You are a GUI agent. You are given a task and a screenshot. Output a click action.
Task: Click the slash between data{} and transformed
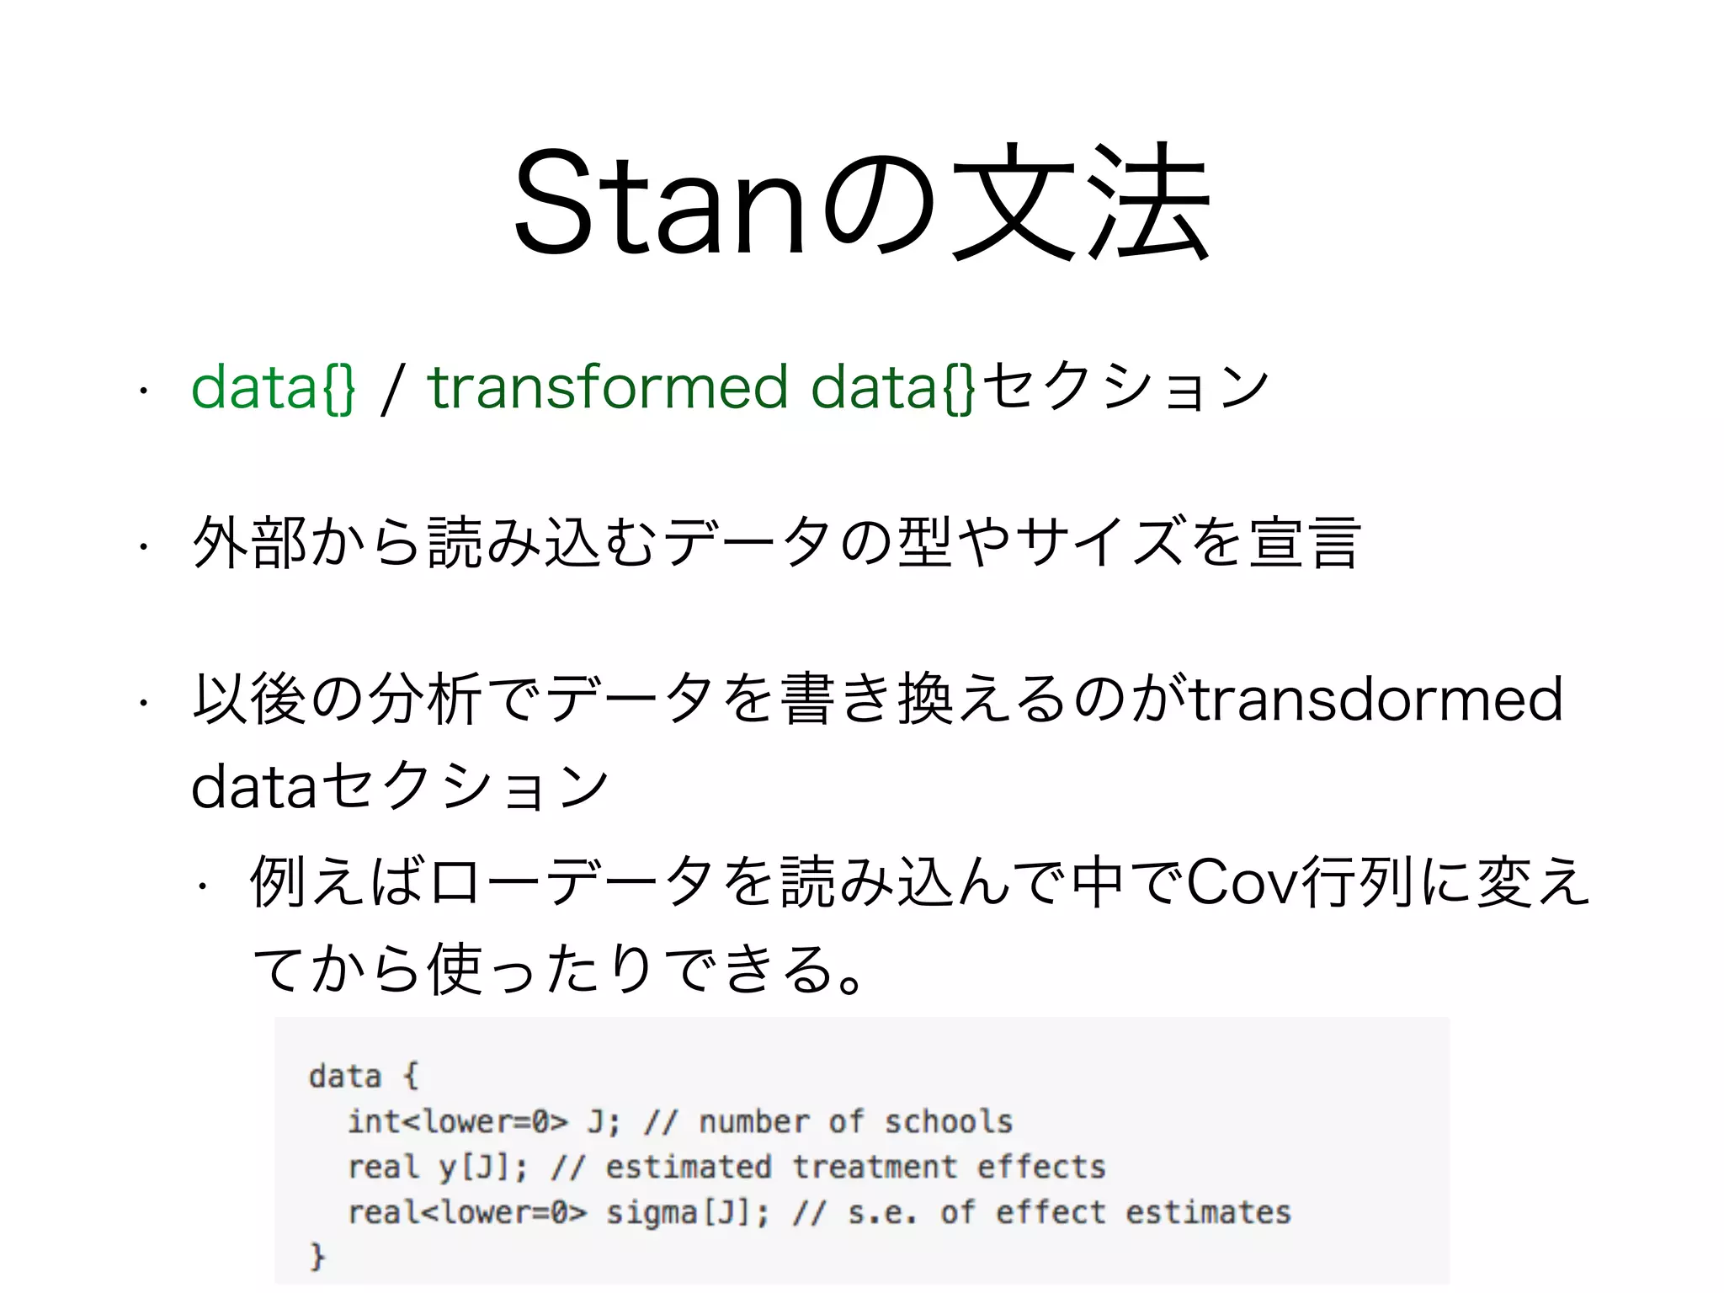coord(390,389)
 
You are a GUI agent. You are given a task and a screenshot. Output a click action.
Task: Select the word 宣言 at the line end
coord(1304,543)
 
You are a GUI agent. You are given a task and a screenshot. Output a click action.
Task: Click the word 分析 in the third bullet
coord(425,699)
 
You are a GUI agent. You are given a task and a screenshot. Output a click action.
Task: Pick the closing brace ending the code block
coord(317,1255)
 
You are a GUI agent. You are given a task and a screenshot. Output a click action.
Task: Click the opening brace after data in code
coord(410,1077)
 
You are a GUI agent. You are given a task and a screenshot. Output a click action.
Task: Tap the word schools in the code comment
coord(948,1122)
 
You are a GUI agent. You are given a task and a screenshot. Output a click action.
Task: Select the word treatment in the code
coord(875,1168)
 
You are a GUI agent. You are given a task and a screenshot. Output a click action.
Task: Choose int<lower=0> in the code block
coord(458,1122)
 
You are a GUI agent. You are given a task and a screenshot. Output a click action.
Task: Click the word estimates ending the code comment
coord(1208,1213)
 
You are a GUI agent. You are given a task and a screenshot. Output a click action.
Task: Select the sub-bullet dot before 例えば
coord(202,886)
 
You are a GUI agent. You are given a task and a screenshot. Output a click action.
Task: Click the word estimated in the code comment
coord(688,1168)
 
